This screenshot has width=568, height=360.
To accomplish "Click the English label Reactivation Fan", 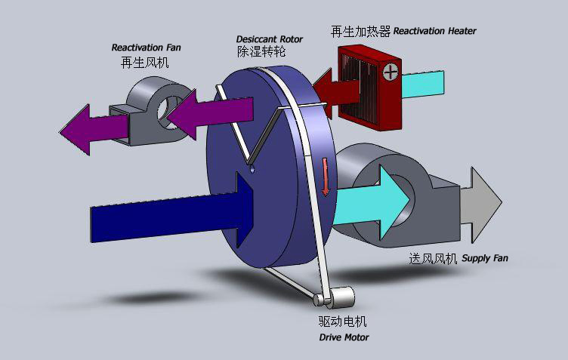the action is tap(146, 48).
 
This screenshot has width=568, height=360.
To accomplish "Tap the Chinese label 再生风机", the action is tap(144, 63).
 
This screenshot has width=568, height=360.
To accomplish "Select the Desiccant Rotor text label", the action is tap(270, 39).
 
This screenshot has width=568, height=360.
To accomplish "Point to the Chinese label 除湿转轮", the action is tap(261, 51).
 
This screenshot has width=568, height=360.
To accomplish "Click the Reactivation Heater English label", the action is tap(435, 31).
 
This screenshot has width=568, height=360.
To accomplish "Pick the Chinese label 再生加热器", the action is tap(360, 32).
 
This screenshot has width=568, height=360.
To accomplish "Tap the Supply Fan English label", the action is tap(485, 258).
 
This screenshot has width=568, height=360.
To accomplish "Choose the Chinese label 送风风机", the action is tap(433, 259).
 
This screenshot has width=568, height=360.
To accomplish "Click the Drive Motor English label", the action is tap(344, 337).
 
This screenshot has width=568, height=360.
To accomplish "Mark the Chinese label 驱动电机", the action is tap(343, 322).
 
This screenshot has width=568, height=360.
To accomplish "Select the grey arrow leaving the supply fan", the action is tap(480, 205).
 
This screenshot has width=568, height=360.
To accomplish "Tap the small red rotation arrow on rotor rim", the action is tap(325, 176).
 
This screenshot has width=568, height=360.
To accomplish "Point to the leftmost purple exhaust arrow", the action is tap(94, 130).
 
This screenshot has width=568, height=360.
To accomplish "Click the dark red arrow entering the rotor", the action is tap(336, 94).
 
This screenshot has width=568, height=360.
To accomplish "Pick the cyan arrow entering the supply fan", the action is tap(372, 202).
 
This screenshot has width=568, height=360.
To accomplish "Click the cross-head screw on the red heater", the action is tap(390, 72).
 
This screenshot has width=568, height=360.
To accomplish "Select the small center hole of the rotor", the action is tap(252, 169).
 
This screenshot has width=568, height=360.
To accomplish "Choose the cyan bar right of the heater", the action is tap(423, 85).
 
